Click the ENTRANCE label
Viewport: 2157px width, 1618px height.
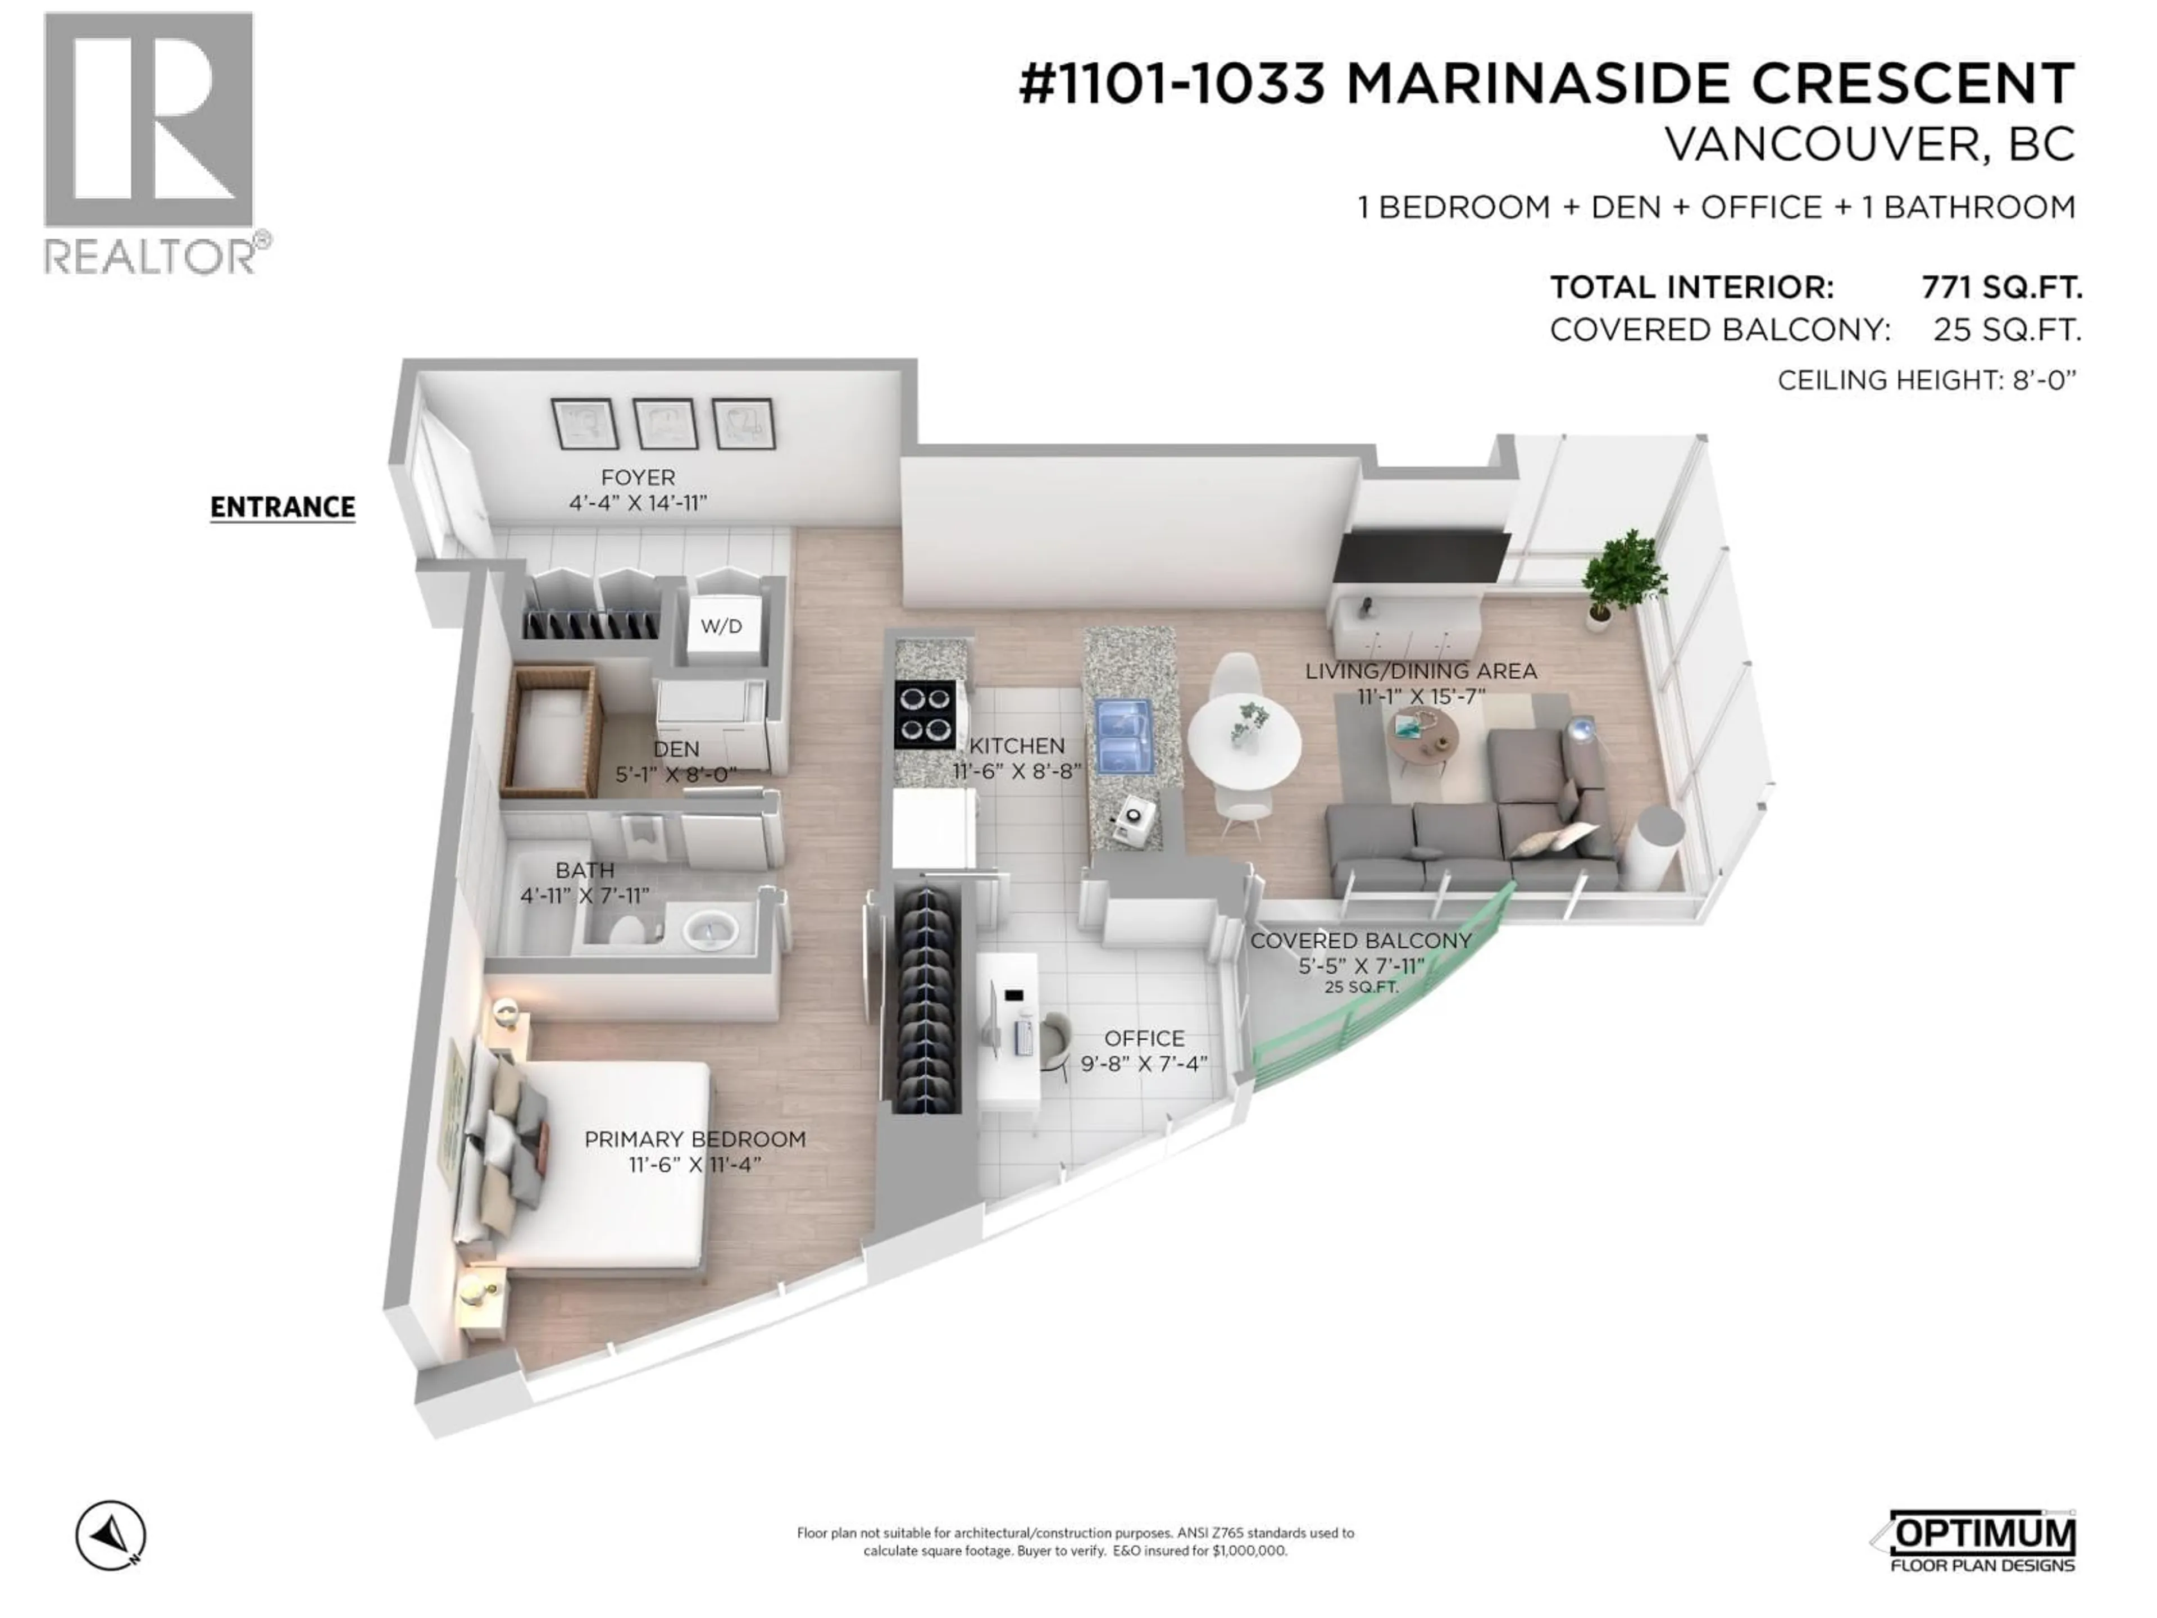(x=283, y=507)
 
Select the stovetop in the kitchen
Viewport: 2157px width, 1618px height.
(x=925, y=714)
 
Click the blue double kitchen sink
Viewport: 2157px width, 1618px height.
(x=1125, y=734)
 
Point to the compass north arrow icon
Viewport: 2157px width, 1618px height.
(x=111, y=1535)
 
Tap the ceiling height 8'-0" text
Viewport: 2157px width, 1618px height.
(x=1926, y=380)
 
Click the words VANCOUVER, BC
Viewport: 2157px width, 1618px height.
(x=1869, y=146)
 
